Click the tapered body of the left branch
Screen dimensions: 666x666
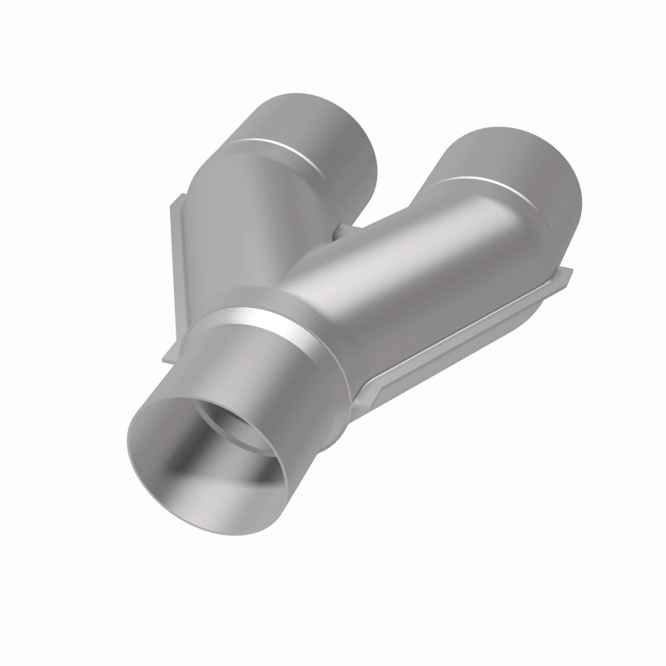[x=250, y=208]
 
